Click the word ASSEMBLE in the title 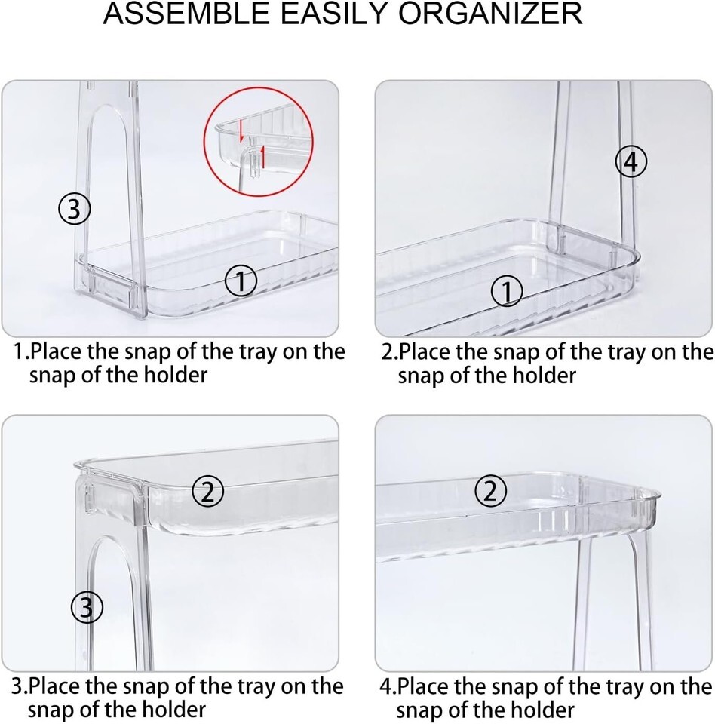(186, 14)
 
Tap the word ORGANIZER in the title (490, 14)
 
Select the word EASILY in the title (334, 14)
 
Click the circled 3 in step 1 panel (75, 210)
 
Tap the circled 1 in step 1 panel (241, 281)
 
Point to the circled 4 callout (631, 162)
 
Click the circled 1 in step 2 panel (507, 292)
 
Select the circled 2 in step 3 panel (208, 491)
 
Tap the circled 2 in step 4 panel (490, 491)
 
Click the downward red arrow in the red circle (241, 131)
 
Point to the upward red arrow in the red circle (263, 157)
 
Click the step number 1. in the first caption (21, 352)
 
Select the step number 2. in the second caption (389, 352)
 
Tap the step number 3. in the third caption (20, 686)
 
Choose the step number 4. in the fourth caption (388, 686)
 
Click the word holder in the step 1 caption (176, 375)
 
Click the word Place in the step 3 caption (55, 686)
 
